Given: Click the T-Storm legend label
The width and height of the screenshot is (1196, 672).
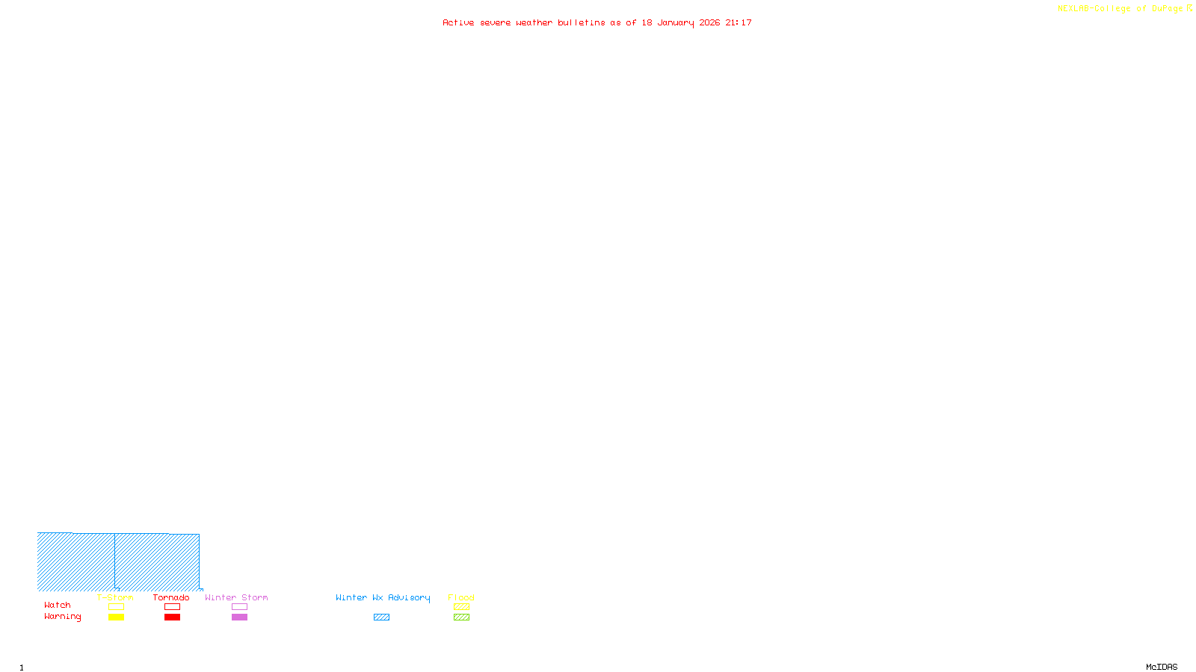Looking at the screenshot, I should [x=115, y=597].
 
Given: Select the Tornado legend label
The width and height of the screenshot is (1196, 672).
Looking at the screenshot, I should [x=171, y=597].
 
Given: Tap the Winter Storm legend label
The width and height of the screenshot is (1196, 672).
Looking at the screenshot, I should [x=236, y=597].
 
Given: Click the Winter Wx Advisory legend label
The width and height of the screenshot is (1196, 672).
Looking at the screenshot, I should [x=383, y=597].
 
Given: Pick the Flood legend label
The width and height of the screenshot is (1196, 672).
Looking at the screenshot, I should [x=461, y=597].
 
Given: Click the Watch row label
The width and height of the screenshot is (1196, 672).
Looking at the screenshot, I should [x=58, y=605].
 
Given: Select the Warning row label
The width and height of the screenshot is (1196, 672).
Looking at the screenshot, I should [x=63, y=617].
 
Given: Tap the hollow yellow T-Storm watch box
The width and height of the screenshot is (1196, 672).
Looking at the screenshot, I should [x=116, y=607].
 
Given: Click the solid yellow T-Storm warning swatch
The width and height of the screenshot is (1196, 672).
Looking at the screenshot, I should [x=116, y=617].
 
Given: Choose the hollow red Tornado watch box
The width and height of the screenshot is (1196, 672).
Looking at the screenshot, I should [x=172, y=607].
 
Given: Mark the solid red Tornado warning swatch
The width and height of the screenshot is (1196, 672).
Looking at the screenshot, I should [x=172, y=617].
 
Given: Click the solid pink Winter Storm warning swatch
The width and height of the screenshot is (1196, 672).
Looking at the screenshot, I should [x=239, y=617].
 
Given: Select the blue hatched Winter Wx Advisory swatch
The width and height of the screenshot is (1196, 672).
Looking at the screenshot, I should [x=381, y=617].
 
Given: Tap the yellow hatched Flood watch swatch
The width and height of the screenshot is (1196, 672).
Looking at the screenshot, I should [x=461, y=607].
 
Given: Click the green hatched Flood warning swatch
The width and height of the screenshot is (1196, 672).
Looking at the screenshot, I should [x=461, y=617].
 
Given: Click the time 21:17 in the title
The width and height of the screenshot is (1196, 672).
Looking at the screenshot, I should [x=739, y=22].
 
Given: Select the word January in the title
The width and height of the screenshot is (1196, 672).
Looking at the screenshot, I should [x=676, y=22].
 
